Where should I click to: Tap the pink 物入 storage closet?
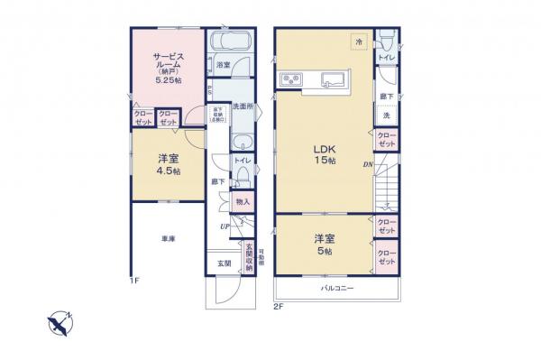(243, 202)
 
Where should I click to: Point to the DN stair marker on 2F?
(368, 164)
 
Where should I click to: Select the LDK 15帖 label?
(325, 153)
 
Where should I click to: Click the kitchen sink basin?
(336, 79)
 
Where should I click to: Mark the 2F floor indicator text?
(279, 307)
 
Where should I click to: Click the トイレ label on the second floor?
(385, 57)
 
